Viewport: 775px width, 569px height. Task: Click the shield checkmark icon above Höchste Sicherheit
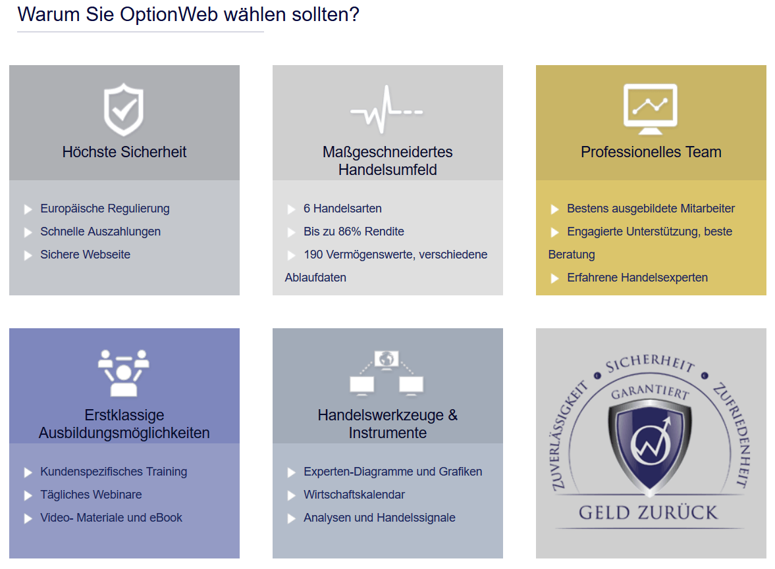pos(124,109)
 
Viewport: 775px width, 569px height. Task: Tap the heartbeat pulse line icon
pos(387,110)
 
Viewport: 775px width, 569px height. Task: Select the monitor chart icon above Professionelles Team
pos(651,109)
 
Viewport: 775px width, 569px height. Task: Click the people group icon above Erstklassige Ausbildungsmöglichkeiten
pos(124,373)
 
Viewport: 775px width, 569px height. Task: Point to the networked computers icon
pos(387,373)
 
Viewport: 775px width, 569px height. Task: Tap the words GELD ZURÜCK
pos(649,512)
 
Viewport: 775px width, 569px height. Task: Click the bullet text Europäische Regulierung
pos(105,209)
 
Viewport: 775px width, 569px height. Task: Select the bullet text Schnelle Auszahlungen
pos(100,232)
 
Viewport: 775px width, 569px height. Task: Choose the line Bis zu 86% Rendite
pos(354,232)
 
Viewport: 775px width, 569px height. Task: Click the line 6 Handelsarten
pos(342,209)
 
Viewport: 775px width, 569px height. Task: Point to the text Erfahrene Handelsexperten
pos(637,278)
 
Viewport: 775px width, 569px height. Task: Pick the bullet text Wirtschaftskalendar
pos(354,495)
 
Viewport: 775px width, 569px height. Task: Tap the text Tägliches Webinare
pos(91,495)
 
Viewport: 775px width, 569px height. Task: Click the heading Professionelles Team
pos(651,152)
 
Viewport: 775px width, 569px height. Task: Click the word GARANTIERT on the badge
pos(650,392)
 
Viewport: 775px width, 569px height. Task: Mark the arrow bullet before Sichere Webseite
pos(28,255)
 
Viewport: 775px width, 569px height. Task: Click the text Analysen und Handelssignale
pos(379,518)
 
